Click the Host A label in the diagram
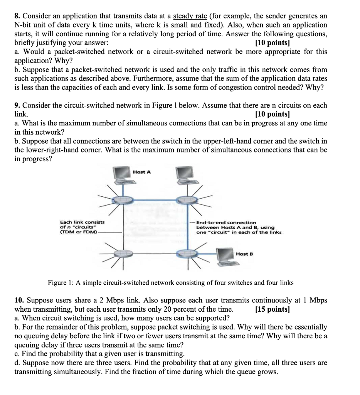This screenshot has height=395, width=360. (x=141, y=172)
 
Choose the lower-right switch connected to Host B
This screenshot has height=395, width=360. (x=187, y=253)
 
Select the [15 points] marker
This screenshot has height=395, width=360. (x=272, y=309)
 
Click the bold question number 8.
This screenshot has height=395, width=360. (x=17, y=16)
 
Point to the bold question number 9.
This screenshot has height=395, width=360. (x=17, y=105)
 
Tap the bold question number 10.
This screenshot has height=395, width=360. (x=20, y=300)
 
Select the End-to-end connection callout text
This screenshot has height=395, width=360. (x=226, y=223)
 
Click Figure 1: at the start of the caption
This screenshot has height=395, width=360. (x=61, y=283)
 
